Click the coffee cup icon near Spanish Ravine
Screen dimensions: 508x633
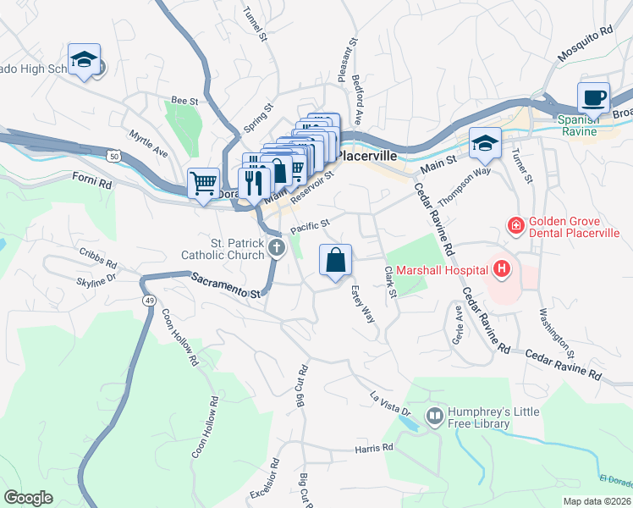(x=594, y=97)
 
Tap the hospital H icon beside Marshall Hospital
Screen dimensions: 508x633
(x=502, y=270)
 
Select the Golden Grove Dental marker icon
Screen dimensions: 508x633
(x=515, y=225)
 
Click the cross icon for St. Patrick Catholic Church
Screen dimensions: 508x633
(x=276, y=247)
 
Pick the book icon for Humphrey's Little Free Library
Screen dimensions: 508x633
(x=434, y=416)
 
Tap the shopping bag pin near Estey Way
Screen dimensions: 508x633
(x=336, y=261)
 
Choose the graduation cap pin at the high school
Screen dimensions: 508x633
(x=84, y=60)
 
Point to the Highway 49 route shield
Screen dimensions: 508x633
(x=149, y=300)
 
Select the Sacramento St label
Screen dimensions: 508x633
(x=225, y=284)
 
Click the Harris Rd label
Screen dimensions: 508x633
(x=375, y=447)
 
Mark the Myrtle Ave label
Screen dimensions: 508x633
(x=148, y=143)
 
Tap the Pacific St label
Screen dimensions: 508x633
(x=309, y=224)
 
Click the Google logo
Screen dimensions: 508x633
(x=28, y=498)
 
